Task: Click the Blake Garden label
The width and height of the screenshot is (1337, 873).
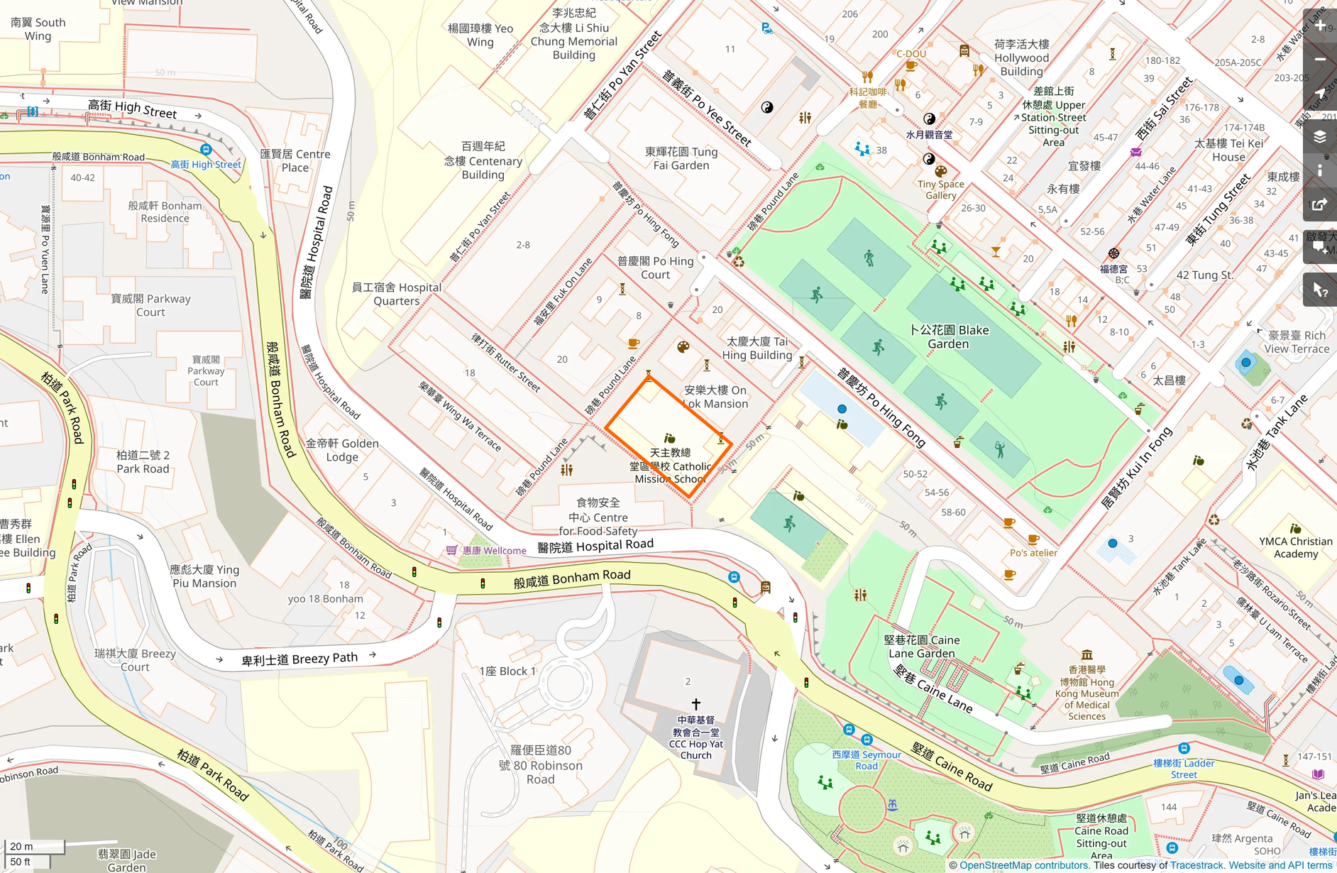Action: [x=949, y=337]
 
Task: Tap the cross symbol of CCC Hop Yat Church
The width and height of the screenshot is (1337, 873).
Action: [x=695, y=704]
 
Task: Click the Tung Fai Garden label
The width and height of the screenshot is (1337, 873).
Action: [x=681, y=158]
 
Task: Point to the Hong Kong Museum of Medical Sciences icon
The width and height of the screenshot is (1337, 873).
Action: [x=1086, y=654]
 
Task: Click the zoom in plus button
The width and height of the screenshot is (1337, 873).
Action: [x=1320, y=26]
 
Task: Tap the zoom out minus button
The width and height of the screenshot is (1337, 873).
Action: [x=1320, y=60]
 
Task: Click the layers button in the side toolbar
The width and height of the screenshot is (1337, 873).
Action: [x=1320, y=136]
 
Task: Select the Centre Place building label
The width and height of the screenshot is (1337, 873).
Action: [x=295, y=161]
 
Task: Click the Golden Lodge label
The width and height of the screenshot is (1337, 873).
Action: [x=342, y=450]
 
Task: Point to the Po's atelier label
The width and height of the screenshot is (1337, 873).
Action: [x=1033, y=553]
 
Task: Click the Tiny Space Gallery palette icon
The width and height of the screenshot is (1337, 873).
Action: [x=940, y=171]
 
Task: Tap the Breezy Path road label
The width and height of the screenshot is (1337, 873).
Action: [x=299, y=659]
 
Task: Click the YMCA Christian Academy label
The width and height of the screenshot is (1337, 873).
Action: [x=1296, y=547]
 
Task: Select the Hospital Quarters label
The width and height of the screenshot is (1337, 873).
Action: [x=397, y=294]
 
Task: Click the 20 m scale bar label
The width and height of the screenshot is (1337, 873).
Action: [x=21, y=846]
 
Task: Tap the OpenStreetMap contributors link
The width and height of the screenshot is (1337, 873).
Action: [x=1023, y=865]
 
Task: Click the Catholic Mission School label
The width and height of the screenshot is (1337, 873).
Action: [x=671, y=466]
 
